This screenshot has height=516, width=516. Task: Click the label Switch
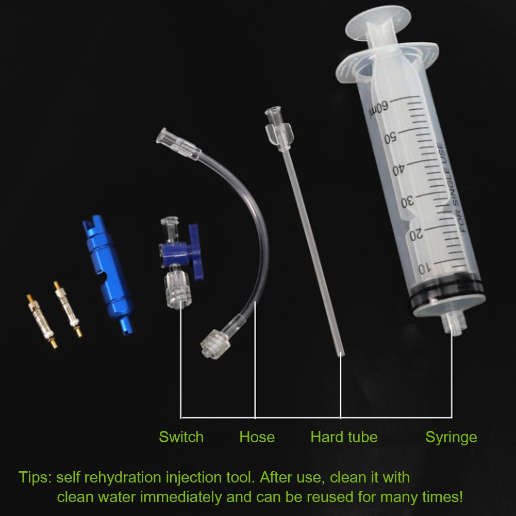pyautogui.click(x=181, y=437)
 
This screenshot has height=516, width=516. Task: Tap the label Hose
pyautogui.click(x=257, y=437)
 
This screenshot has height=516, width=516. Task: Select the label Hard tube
pyautogui.click(x=344, y=437)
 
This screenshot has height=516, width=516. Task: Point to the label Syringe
pyautogui.click(x=451, y=437)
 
